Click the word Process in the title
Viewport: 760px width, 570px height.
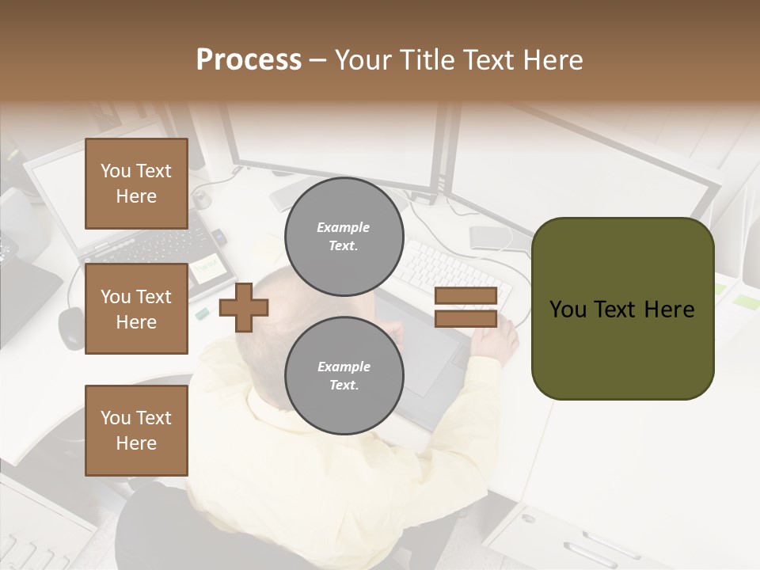pos(249,60)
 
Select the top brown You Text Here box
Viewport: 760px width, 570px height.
pos(136,184)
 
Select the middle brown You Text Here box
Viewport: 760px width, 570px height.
pos(136,309)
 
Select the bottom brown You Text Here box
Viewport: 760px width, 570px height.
pos(136,430)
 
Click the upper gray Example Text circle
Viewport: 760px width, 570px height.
pos(344,237)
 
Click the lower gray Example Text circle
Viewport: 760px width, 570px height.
pos(344,376)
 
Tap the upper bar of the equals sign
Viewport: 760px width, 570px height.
pos(465,296)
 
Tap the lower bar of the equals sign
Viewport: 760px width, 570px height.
pos(465,318)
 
